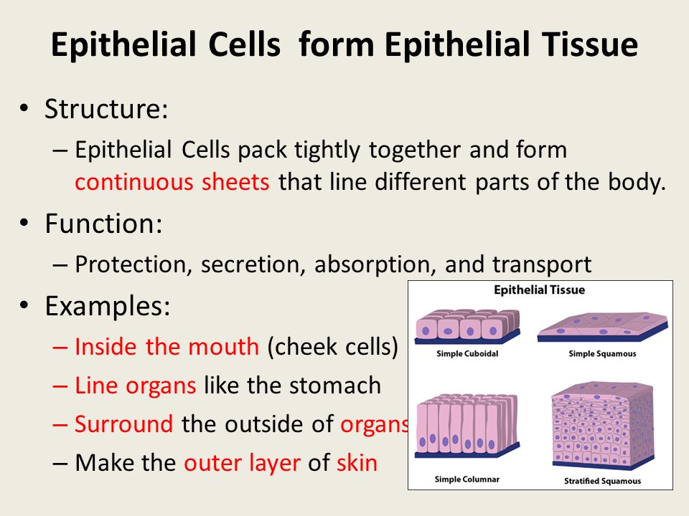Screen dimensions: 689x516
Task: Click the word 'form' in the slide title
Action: (x=336, y=44)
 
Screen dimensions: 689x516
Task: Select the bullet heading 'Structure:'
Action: (x=106, y=108)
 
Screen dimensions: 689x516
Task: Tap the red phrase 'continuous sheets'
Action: (x=172, y=181)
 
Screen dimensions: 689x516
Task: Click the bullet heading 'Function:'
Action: (x=103, y=224)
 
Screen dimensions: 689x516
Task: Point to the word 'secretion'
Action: (x=253, y=264)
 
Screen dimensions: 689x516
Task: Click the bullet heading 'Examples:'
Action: (x=107, y=306)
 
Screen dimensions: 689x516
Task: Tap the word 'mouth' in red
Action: (x=224, y=347)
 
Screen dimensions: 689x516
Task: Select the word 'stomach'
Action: (x=336, y=386)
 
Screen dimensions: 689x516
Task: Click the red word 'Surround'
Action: (x=124, y=424)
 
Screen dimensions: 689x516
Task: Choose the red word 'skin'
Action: (x=357, y=462)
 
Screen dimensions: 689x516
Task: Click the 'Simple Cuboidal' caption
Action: (x=467, y=353)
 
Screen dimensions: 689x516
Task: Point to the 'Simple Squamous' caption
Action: (x=602, y=353)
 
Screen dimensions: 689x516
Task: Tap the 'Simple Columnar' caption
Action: (x=467, y=479)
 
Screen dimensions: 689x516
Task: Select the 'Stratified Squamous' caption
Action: (x=602, y=481)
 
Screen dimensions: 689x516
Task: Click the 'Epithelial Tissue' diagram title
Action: (x=540, y=290)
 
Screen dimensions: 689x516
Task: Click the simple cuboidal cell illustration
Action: (x=467, y=326)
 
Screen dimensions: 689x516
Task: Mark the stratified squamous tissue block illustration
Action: (x=603, y=425)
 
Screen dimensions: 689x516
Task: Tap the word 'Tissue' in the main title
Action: (x=590, y=44)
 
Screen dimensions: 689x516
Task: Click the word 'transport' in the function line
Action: (x=542, y=265)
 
